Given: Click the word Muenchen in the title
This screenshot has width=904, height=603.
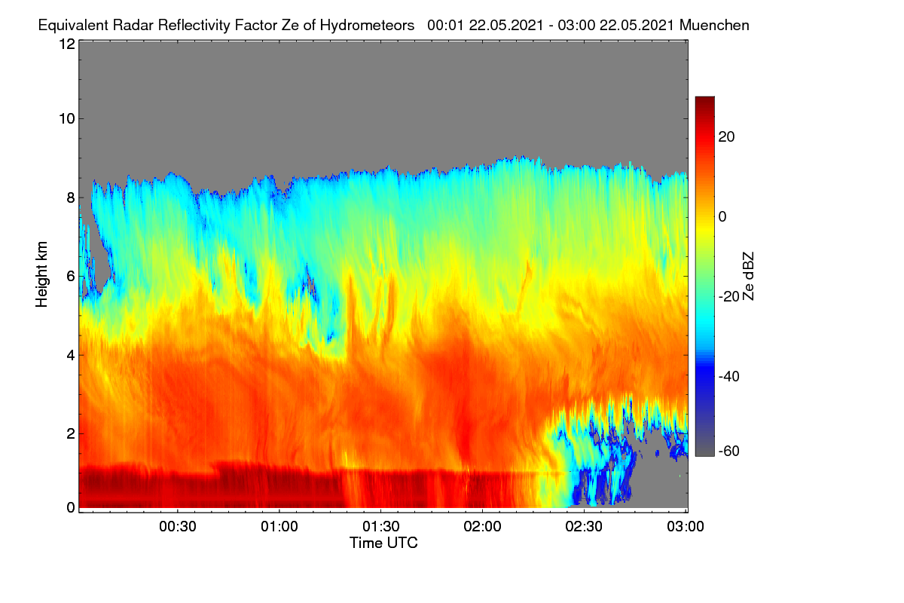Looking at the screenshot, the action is tap(714, 26).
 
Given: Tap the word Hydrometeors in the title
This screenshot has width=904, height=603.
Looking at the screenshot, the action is tap(367, 26).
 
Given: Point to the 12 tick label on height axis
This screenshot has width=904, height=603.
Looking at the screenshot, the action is tap(67, 44).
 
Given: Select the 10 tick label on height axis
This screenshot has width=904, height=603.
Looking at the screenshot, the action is tap(67, 119).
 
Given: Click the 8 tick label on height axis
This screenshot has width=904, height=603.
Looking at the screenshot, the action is tap(72, 197).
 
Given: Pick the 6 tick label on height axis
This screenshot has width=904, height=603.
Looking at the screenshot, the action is tap(72, 277).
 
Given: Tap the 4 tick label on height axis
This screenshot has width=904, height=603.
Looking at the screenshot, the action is tap(72, 355).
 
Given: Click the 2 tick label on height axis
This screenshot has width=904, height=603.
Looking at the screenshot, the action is tap(72, 433).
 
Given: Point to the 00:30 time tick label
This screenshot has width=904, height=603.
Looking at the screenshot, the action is tap(178, 526).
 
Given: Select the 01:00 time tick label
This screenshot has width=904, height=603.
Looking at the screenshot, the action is tap(279, 526).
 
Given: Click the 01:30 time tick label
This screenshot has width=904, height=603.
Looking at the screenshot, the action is tap(381, 526).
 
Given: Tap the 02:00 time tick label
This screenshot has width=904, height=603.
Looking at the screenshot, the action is tap(482, 526).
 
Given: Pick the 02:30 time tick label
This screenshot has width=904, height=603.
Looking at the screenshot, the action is tap(584, 526).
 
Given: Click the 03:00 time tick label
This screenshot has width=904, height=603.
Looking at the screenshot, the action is tap(686, 526).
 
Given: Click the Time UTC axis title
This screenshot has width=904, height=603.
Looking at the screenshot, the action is tap(383, 543).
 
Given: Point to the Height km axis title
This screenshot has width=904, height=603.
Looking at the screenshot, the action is tap(41, 274).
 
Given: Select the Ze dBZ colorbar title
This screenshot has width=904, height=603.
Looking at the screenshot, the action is tap(748, 277).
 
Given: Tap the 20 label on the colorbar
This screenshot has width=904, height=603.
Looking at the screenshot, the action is tap(726, 137).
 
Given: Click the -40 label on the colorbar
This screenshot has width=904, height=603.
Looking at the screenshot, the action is tap(729, 376).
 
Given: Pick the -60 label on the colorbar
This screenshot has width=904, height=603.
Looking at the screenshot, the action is tap(729, 451).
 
